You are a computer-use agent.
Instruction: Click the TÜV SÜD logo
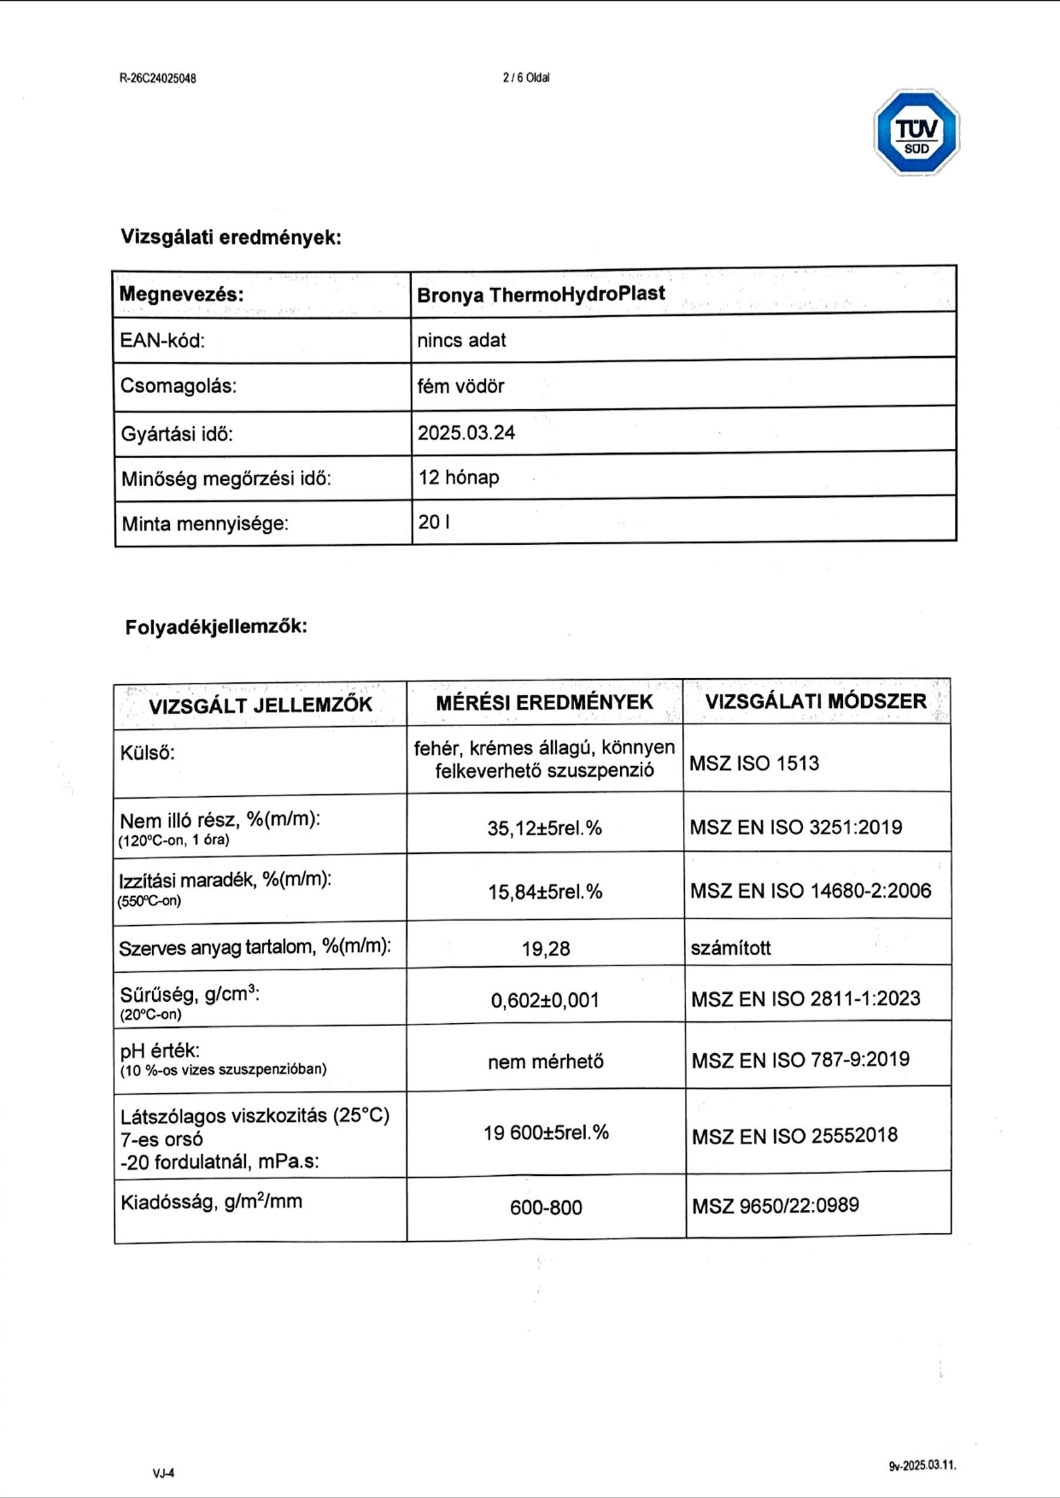tap(917, 133)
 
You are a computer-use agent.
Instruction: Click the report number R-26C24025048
tap(158, 79)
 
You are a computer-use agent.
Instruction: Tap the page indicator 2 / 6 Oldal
tap(526, 78)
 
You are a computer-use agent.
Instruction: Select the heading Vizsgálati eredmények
tap(231, 237)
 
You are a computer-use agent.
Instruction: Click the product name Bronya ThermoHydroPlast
tap(541, 295)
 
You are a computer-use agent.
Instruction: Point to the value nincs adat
tap(461, 341)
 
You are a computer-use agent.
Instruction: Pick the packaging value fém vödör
tap(460, 386)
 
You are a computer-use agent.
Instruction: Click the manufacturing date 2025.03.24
tap(466, 433)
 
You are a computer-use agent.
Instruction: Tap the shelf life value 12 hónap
tap(459, 477)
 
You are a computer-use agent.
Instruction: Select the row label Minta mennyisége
tap(205, 524)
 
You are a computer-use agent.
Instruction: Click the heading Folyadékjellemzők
tap(216, 627)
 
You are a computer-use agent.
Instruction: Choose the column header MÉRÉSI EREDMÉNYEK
tap(544, 703)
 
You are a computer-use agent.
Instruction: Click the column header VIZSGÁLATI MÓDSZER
tap(816, 702)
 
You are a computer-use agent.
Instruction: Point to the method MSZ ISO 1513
tap(754, 764)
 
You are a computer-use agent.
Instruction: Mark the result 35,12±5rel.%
tap(545, 828)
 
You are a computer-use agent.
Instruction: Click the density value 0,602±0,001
tap(545, 1000)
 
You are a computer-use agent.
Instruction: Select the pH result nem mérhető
tap(546, 1062)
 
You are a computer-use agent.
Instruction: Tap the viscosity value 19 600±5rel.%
tap(546, 1133)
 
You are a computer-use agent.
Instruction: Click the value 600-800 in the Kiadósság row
tap(546, 1208)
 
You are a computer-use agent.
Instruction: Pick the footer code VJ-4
tap(164, 1473)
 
